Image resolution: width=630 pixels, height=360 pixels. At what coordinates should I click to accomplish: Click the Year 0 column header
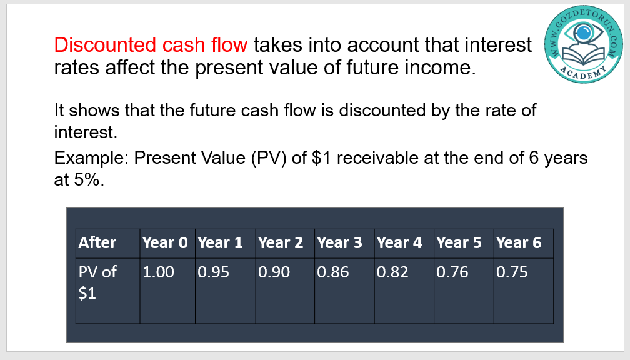165,242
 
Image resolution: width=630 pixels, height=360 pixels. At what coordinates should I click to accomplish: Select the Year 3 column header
339,242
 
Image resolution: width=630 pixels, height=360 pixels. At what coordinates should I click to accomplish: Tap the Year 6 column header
519,242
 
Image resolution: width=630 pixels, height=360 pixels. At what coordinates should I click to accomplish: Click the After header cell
97,242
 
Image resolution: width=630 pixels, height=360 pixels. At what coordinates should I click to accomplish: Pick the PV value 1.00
158,272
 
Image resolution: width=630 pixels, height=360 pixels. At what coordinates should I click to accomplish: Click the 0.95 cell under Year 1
213,272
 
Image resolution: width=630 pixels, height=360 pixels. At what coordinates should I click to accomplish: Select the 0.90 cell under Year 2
274,272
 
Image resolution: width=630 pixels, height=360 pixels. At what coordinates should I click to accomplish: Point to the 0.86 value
333,272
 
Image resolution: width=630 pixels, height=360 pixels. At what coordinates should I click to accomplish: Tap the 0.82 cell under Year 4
392,272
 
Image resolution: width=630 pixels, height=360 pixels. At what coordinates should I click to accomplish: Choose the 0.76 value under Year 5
452,272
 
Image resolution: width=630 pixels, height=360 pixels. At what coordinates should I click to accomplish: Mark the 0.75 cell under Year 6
512,272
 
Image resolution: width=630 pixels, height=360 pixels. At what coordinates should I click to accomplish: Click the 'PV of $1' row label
97,282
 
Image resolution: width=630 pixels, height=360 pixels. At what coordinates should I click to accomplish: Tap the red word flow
230,44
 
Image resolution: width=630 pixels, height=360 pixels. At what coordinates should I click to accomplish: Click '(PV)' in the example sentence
269,158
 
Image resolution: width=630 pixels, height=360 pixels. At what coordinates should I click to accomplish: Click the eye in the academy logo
583,32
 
